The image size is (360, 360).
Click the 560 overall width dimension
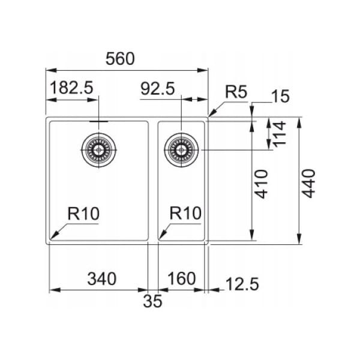click(120, 59)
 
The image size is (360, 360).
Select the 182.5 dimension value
click(71, 88)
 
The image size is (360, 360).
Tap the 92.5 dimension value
click(158, 89)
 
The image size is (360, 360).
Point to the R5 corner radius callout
click(236, 92)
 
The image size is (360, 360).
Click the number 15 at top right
click(280, 96)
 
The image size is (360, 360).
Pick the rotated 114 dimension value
click(279, 134)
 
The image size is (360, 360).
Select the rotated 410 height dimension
click(262, 184)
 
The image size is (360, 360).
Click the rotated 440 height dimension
click(308, 184)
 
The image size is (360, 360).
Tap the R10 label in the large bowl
click(83, 214)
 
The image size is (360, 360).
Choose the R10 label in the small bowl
click(185, 213)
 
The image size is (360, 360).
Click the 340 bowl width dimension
click(102, 279)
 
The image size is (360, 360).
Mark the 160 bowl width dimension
click(182, 278)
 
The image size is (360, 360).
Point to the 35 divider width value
click(152, 301)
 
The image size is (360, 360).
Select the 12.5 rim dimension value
click(242, 284)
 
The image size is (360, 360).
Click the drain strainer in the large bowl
click(99, 150)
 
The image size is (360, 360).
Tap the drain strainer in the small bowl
click(181, 150)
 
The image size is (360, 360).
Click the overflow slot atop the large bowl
click(99, 121)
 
